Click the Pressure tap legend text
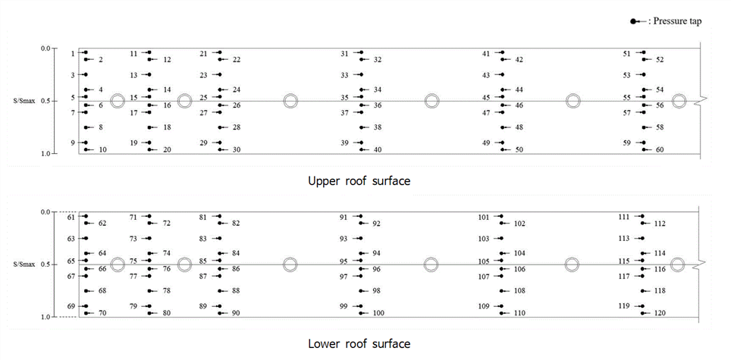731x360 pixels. (x=675, y=21)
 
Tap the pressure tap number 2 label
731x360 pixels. (x=101, y=60)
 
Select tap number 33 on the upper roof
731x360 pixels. (x=345, y=75)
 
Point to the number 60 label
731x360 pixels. (x=660, y=150)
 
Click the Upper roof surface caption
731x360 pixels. (x=359, y=181)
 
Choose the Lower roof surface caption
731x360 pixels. (x=359, y=344)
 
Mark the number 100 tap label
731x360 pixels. (x=379, y=314)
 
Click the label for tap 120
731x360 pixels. (x=660, y=314)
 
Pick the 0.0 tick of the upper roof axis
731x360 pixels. (x=46, y=49)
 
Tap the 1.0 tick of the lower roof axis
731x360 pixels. (x=46, y=317)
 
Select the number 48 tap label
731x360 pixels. (x=519, y=127)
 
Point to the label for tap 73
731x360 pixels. (x=133, y=239)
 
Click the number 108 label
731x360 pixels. (x=519, y=291)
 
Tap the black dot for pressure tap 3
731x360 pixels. (x=86, y=74)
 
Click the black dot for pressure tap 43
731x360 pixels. (x=502, y=74)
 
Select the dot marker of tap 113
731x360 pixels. (x=642, y=239)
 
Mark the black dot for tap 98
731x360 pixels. (x=361, y=291)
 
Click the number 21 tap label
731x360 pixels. (x=204, y=54)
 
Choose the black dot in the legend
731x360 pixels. (x=633, y=22)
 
